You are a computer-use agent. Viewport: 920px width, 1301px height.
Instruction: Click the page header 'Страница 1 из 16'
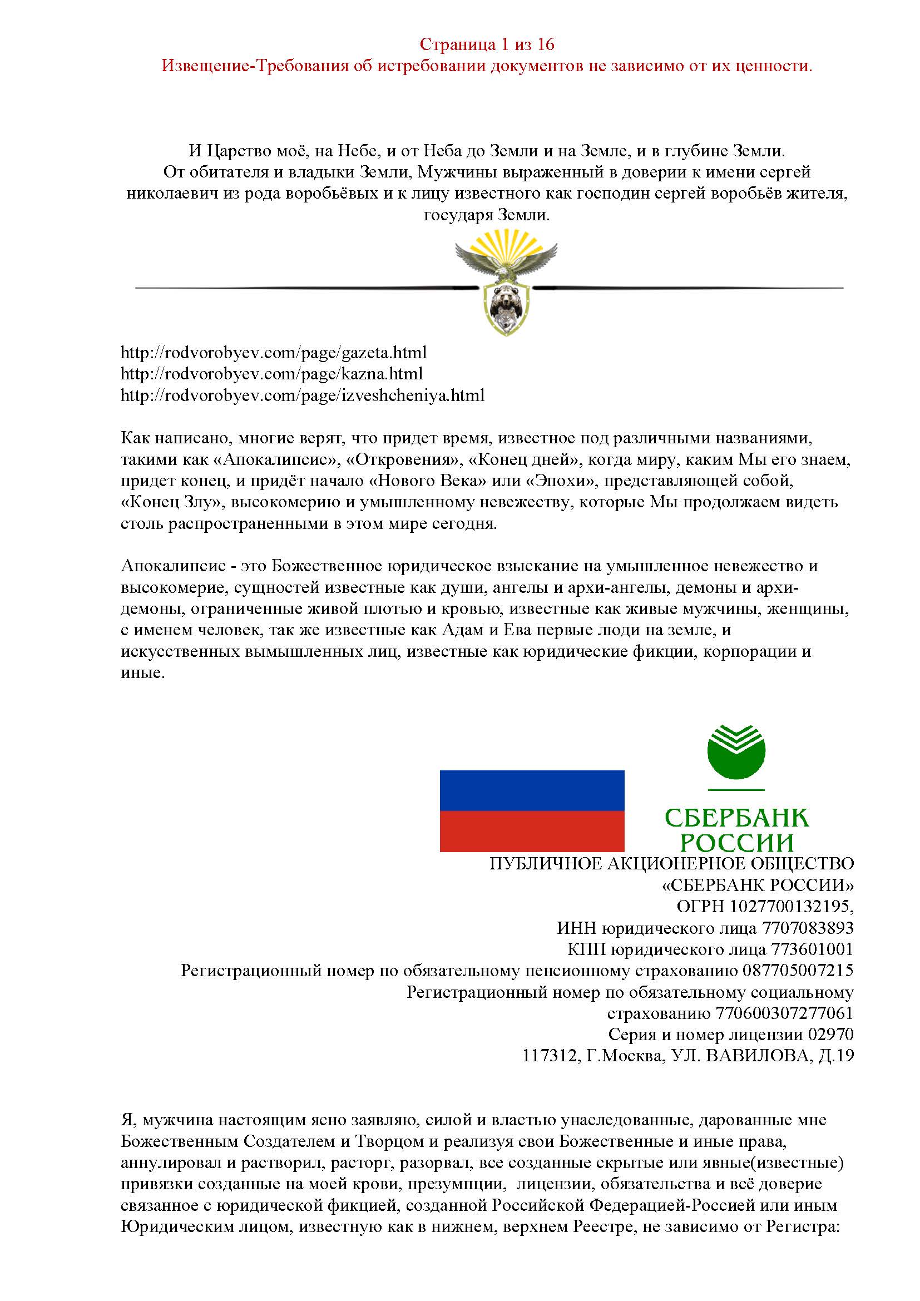coord(487,44)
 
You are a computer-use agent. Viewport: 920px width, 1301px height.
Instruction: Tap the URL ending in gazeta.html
coord(274,353)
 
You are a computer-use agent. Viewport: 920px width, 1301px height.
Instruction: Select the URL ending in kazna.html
coord(271,374)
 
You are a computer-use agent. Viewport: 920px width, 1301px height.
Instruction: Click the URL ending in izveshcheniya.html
coord(303,395)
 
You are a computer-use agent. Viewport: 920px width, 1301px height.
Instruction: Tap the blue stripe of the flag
coord(532,790)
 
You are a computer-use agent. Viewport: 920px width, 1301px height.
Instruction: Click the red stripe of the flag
coord(532,830)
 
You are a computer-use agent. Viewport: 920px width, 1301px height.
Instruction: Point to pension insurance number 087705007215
coord(798,971)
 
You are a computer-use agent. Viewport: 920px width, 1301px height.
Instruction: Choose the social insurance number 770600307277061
coord(785,1013)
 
